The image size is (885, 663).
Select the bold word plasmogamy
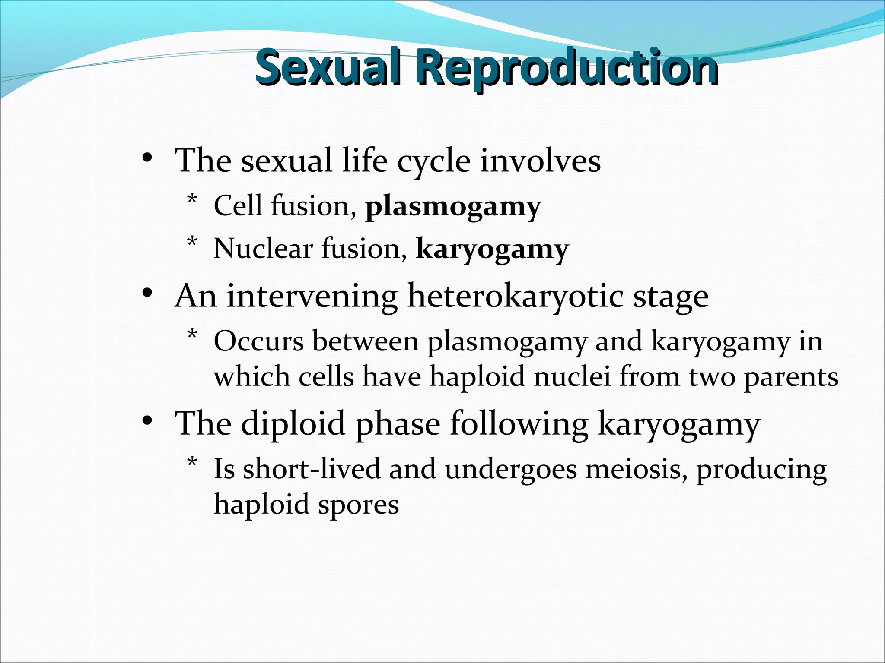pyautogui.click(x=453, y=207)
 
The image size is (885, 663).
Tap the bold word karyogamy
pyautogui.click(x=492, y=250)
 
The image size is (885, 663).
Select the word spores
pyautogui.click(x=358, y=505)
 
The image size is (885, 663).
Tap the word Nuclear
pyautogui.click(x=263, y=249)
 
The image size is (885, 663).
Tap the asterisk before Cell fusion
pyautogui.click(x=192, y=200)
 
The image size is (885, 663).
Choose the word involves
pyautogui.click(x=540, y=161)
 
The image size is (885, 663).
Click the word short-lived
pyautogui.click(x=312, y=469)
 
